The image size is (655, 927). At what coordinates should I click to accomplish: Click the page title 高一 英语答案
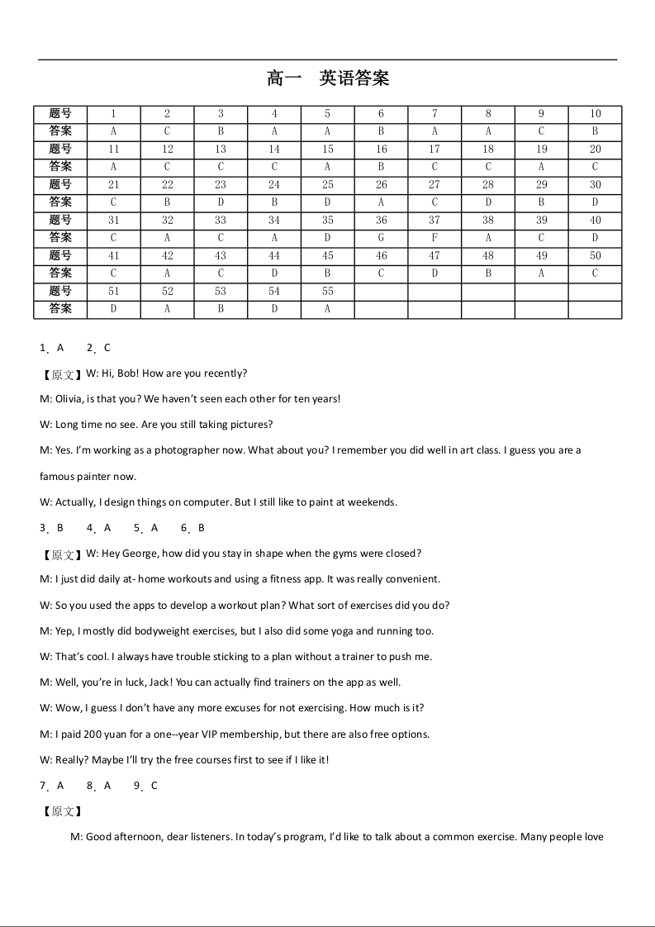(328, 78)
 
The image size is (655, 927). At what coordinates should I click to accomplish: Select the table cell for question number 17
(434, 150)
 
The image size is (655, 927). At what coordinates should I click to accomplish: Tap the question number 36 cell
(381, 221)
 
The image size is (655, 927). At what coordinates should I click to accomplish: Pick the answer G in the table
(381, 238)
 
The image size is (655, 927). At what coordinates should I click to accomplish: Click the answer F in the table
(434, 238)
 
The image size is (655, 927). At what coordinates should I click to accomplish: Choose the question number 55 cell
(328, 292)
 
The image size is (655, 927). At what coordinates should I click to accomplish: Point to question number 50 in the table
(595, 256)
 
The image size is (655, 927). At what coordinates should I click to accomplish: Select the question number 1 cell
(113, 114)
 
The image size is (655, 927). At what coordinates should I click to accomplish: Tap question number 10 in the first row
(595, 114)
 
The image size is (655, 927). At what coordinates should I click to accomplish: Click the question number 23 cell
(221, 185)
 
